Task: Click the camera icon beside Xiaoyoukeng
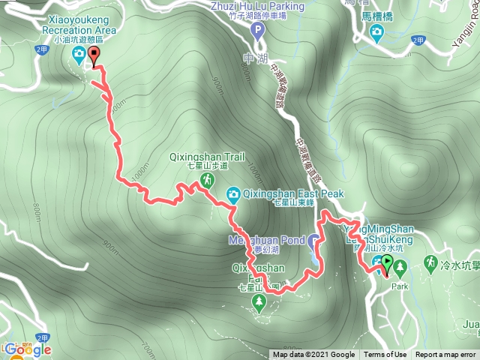tap(79, 53)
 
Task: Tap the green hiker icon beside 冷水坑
tap(430, 262)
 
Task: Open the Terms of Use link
tap(385, 355)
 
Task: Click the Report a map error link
tap(445, 355)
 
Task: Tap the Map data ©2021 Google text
tap(313, 355)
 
